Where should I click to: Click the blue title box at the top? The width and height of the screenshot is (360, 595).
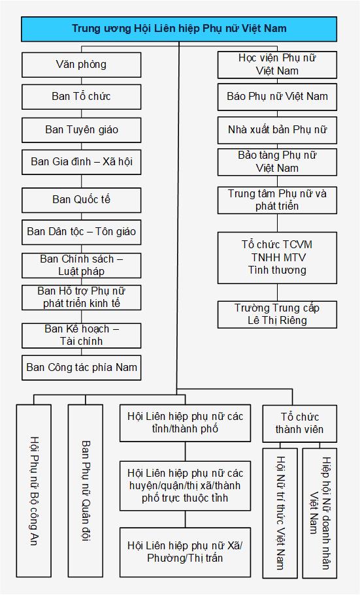[179, 29]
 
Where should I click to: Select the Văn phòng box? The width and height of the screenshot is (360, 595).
[81, 65]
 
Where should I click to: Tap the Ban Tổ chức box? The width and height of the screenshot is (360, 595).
[81, 97]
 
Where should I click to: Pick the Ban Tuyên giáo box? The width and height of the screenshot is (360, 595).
[81, 130]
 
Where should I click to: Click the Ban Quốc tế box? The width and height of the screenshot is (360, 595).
[81, 200]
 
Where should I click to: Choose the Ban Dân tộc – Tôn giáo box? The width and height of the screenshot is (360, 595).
[81, 233]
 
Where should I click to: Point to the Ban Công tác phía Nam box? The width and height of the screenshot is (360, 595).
[81, 368]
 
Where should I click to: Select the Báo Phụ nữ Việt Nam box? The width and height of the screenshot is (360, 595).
[277, 97]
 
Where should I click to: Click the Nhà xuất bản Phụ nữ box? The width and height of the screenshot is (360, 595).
[277, 130]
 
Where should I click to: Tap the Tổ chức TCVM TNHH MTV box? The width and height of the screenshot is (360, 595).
[277, 257]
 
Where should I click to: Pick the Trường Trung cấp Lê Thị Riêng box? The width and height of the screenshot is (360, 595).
[277, 315]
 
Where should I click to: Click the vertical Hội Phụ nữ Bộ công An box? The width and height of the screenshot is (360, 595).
[34, 491]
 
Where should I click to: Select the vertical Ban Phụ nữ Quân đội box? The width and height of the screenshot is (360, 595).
[86, 491]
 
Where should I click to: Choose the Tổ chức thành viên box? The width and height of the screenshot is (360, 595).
[300, 423]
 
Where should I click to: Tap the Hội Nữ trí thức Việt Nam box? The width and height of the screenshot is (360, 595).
[280, 513]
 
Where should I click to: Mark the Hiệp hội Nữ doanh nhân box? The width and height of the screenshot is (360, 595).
[319, 513]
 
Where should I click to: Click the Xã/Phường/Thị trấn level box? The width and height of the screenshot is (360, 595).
[186, 552]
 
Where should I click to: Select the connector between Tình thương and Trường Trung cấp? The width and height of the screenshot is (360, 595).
[277, 293]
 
